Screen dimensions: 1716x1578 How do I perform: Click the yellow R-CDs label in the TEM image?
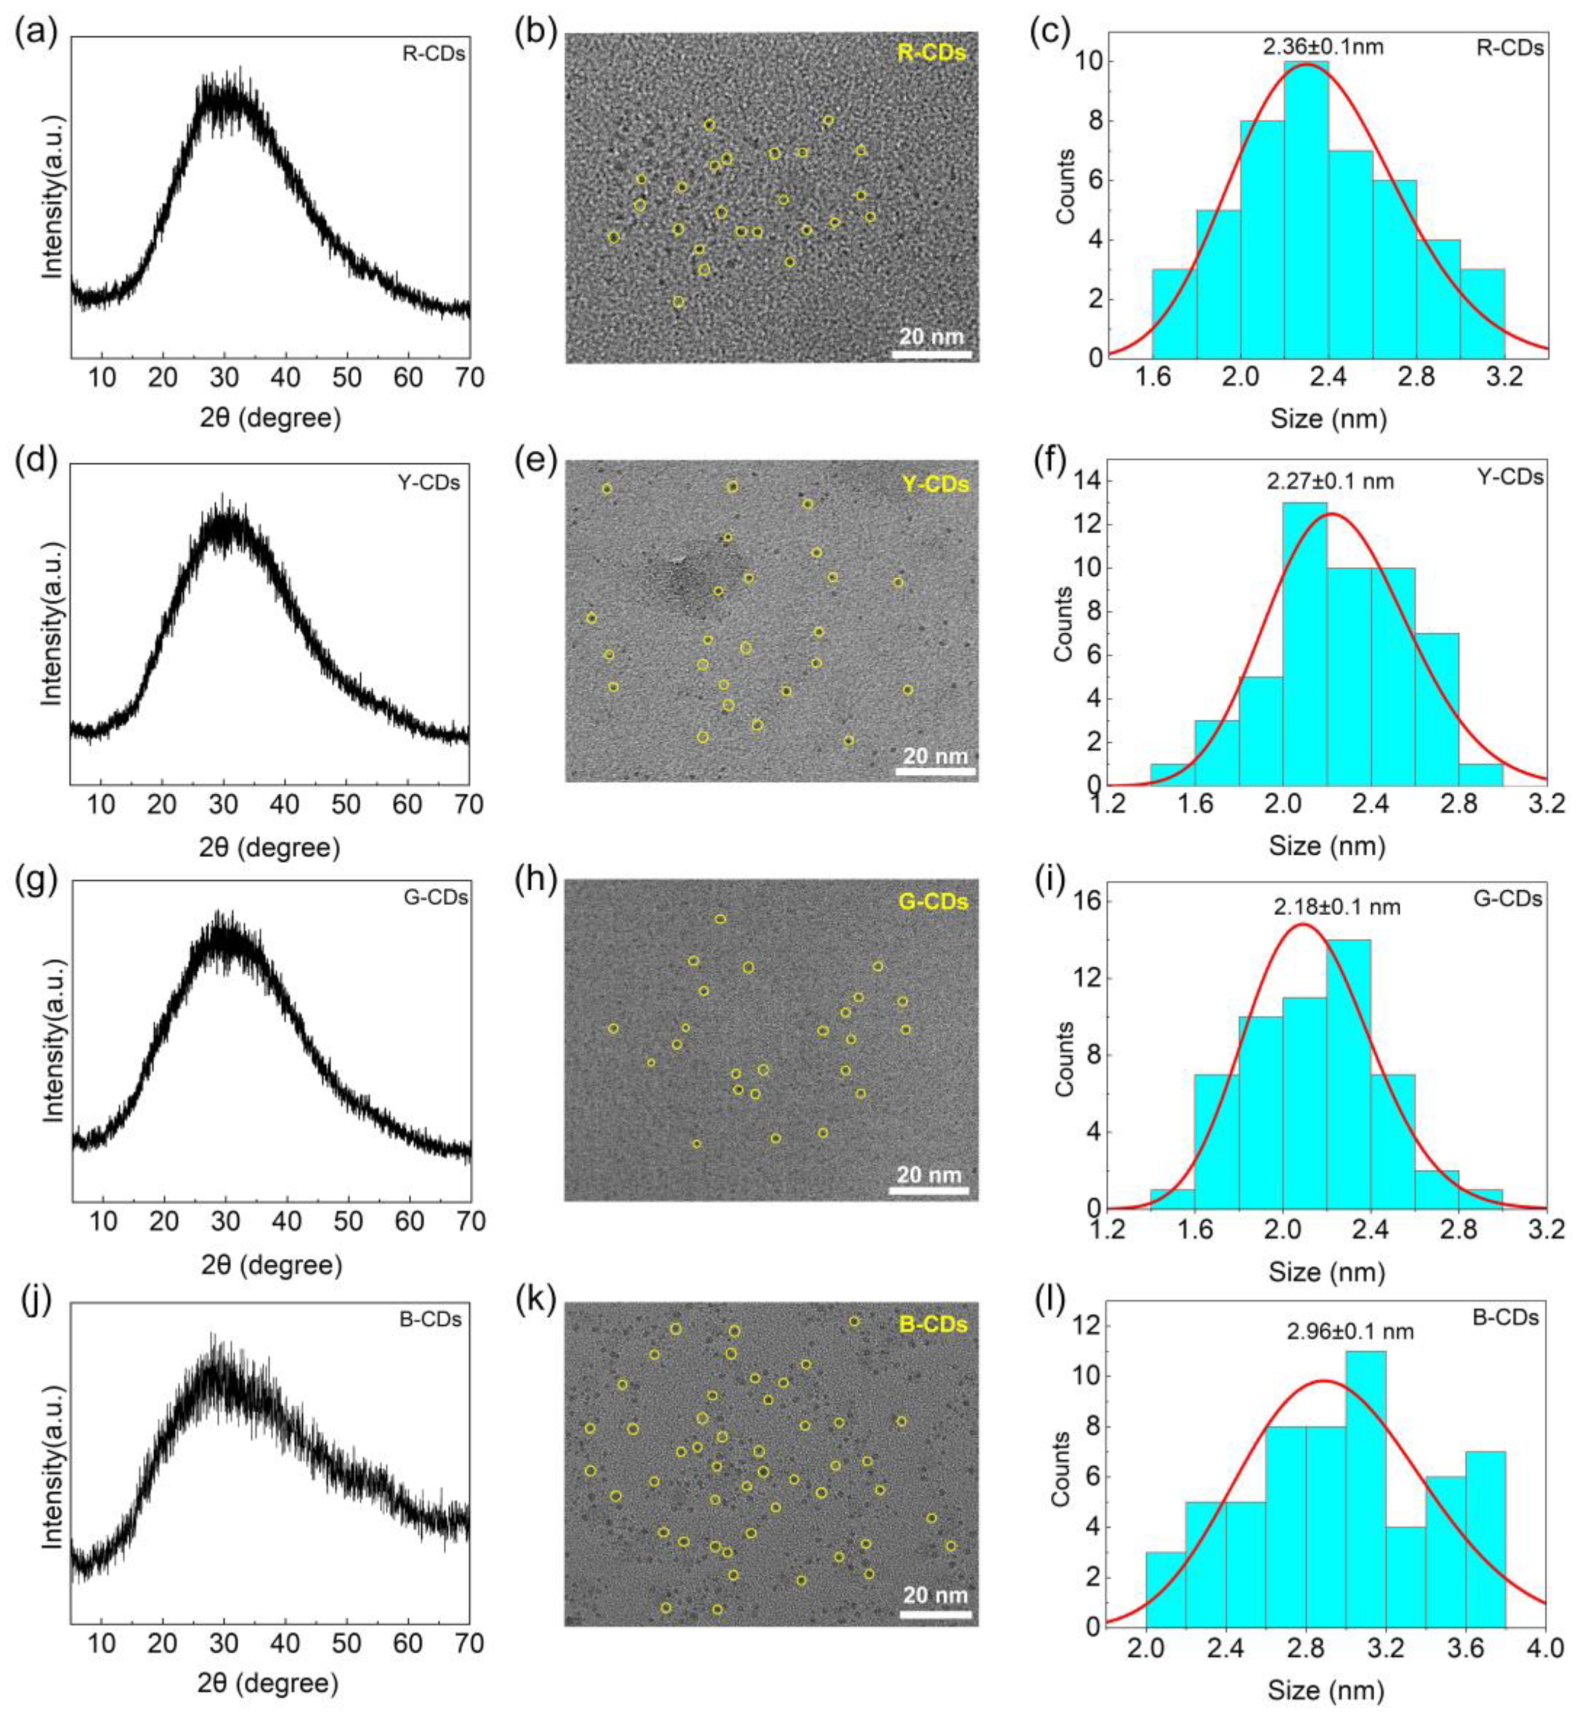tap(932, 53)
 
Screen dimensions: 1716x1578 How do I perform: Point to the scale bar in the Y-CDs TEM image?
tap(936, 771)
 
